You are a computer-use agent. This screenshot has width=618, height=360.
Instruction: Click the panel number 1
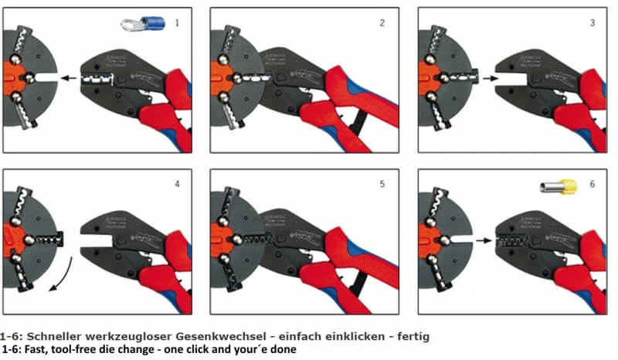[x=176, y=23]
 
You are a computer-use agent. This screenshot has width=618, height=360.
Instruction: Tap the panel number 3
[x=592, y=23]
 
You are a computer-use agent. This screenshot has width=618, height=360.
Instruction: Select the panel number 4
[x=176, y=185]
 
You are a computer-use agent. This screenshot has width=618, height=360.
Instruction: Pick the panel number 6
[x=592, y=185]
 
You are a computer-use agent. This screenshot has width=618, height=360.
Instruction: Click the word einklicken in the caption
[x=355, y=338]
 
